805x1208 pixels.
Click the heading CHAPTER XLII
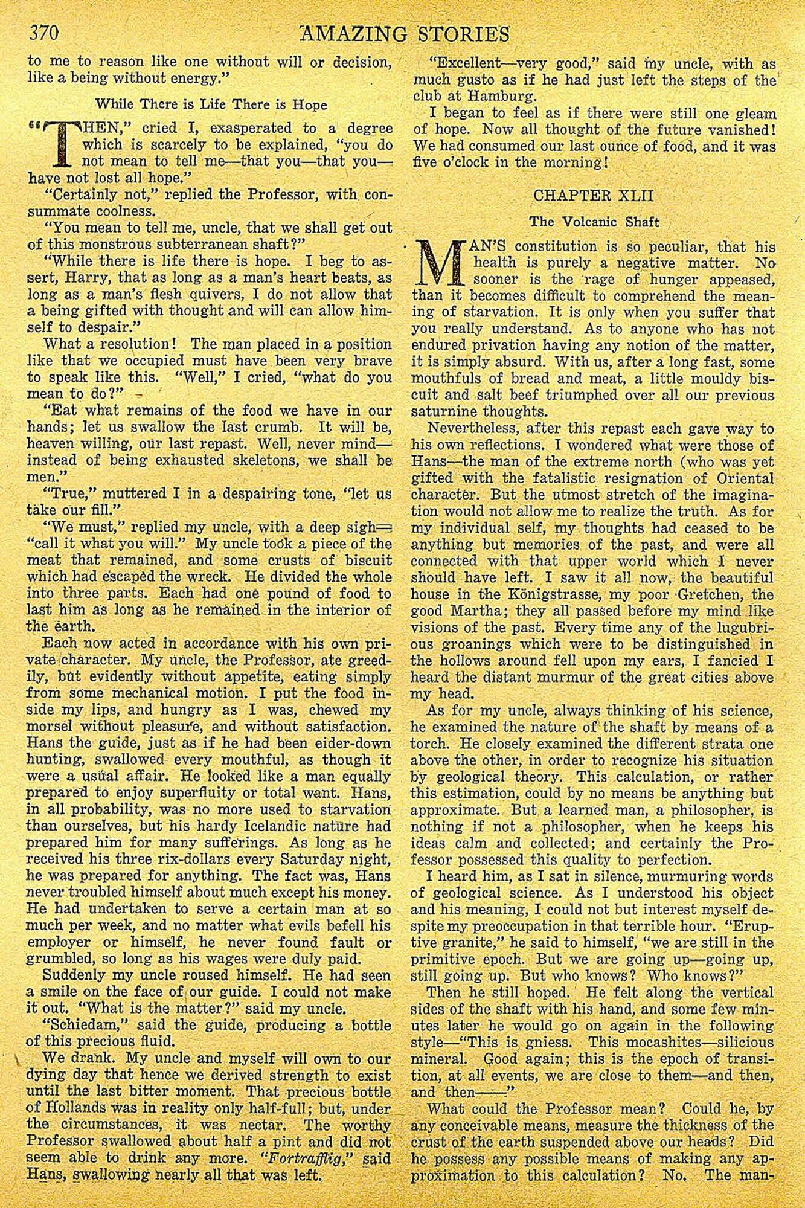click(594, 196)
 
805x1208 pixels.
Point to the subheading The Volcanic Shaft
click(594, 222)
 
